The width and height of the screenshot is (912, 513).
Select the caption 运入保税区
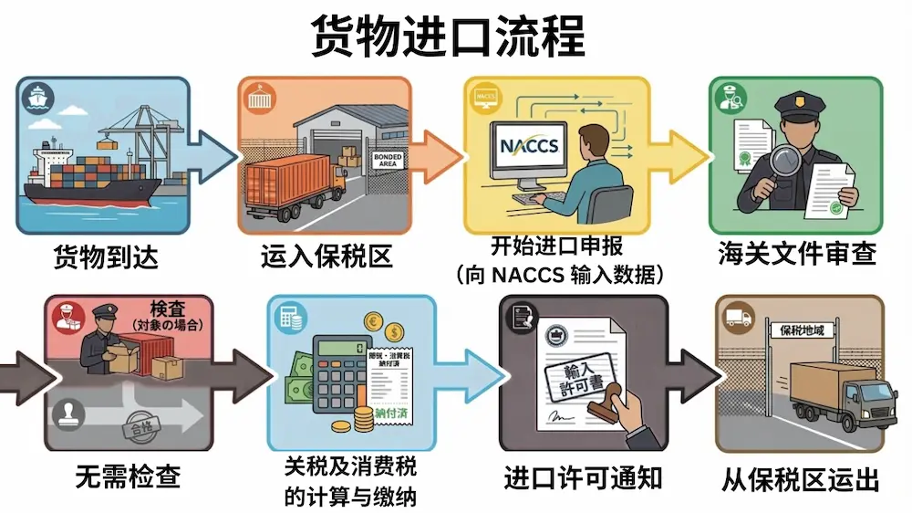326,257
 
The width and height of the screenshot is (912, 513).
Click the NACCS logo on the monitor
530,146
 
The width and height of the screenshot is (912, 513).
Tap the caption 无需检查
127,476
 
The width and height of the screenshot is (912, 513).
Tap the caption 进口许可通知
583,476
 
